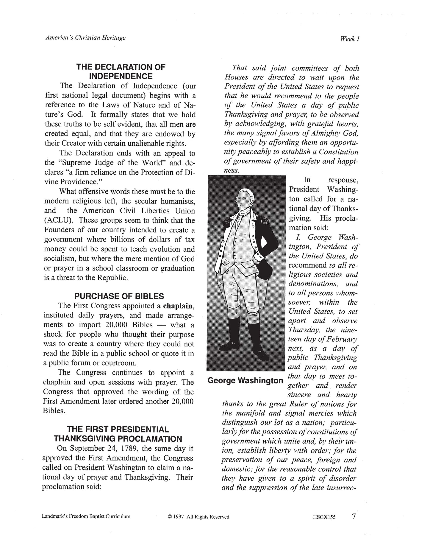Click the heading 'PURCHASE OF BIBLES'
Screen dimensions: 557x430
[x=119, y=296]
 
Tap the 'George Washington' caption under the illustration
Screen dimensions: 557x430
[x=245, y=380]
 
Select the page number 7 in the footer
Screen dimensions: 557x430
[x=354, y=516]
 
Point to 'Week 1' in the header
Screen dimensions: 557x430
[x=350, y=38]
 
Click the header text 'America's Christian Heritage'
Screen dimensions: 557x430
[x=85, y=38]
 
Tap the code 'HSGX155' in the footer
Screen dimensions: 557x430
[x=324, y=517]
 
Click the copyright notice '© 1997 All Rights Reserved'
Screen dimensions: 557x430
[x=198, y=517]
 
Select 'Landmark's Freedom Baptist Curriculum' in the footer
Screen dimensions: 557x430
[x=86, y=516]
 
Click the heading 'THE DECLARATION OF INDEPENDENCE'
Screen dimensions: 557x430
[x=121, y=71]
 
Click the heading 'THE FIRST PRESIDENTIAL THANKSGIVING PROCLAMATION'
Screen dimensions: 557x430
[x=118, y=434]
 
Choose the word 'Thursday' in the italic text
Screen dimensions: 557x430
[x=304, y=330]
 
